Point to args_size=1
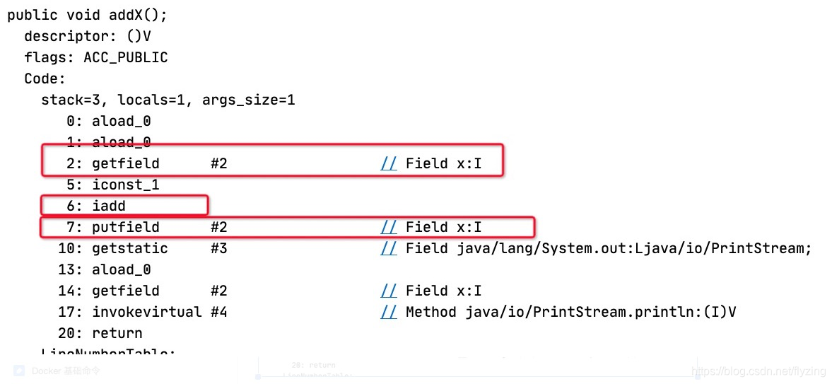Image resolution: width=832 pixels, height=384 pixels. [248, 100]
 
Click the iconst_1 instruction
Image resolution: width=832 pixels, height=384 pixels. [125, 185]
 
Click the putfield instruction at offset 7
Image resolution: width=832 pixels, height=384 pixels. [125, 227]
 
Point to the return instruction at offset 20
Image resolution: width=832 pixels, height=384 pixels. [117, 333]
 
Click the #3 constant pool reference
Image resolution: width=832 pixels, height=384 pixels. [218, 248]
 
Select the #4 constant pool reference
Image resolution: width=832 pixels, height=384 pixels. [218, 312]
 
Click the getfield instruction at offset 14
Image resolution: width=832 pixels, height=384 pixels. [125, 291]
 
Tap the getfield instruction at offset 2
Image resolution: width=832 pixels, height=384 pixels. [125, 163]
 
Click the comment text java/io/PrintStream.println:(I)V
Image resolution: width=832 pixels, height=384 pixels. [601, 312]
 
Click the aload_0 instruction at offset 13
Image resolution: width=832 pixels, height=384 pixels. [121, 269]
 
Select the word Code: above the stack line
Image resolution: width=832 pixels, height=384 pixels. [45, 78]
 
